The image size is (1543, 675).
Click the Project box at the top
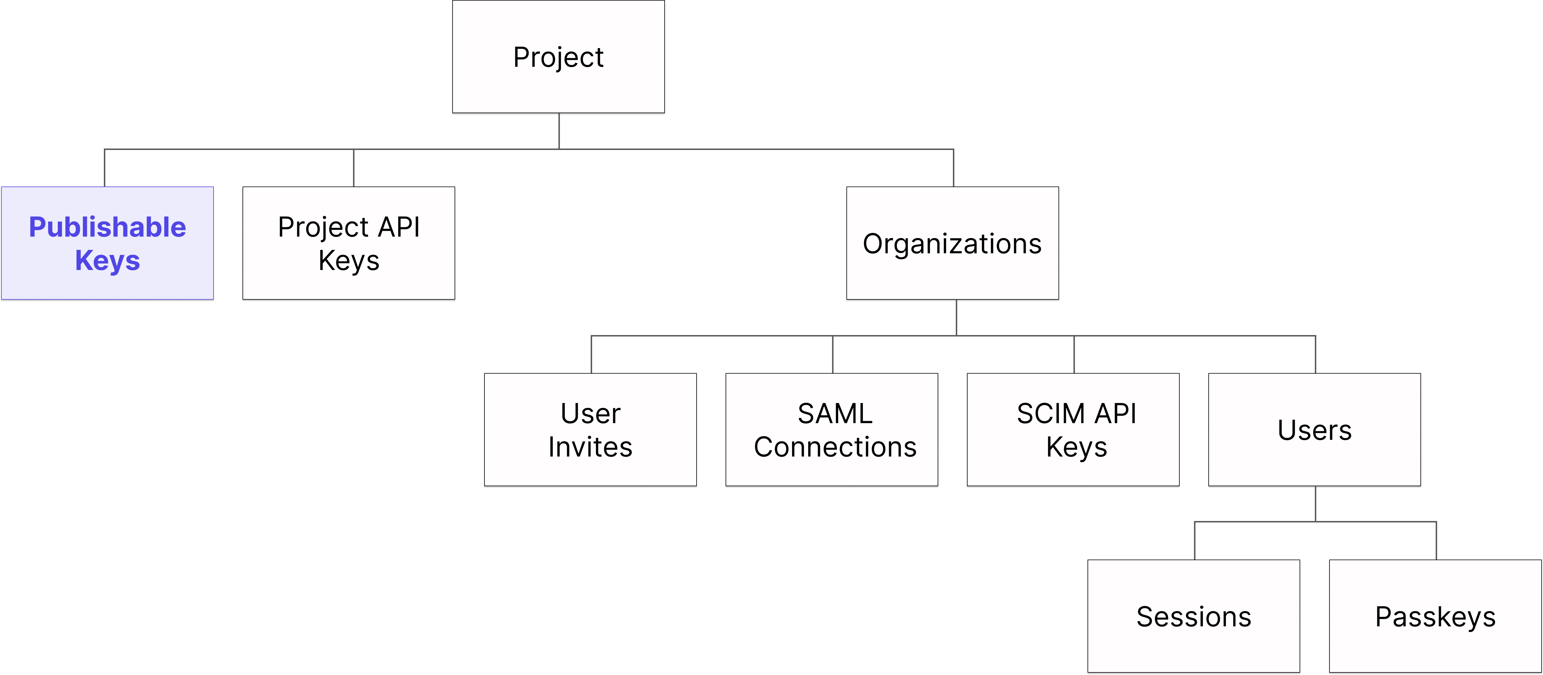[x=558, y=56]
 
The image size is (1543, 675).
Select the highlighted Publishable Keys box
[x=107, y=243]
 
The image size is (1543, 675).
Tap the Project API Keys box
[x=349, y=243]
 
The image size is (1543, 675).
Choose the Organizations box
[x=952, y=243]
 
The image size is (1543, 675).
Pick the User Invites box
[x=590, y=429]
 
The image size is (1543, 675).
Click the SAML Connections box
[x=831, y=429]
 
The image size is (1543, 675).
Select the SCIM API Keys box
[x=1073, y=429]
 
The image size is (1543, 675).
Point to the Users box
[x=1314, y=429]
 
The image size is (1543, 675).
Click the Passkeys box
[x=1435, y=616]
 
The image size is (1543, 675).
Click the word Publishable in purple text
[x=107, y=227]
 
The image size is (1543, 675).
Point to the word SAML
[x=835, y=414]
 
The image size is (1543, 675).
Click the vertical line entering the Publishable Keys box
[x=105, y=168]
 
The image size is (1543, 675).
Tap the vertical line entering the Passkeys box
[x=1436, y=541]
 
